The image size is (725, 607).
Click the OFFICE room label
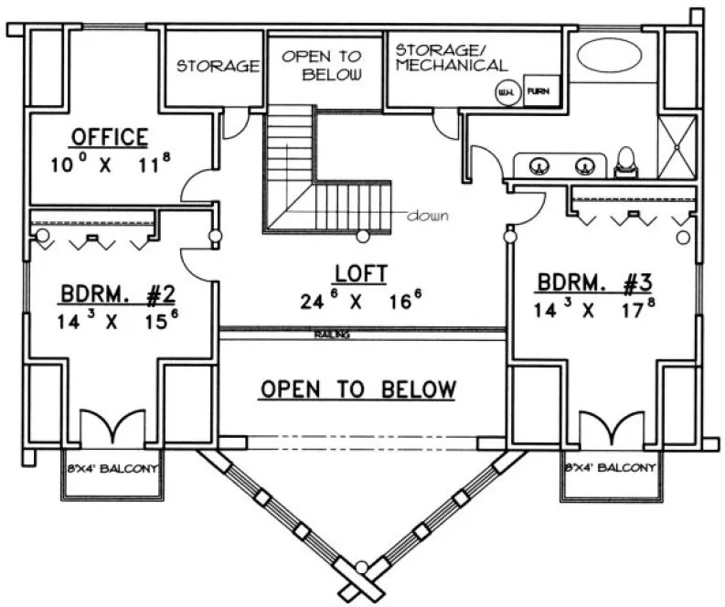coord(109,138)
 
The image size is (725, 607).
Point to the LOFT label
coord(361,272)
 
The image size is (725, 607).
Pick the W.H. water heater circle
coord(504,92)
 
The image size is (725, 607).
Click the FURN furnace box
coord(538,91)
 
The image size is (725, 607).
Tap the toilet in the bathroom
coord(627,162)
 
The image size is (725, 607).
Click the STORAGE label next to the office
coord(219,67)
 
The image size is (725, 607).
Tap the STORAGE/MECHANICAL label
coord(452,57)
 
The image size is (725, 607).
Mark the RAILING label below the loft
coord(333,335)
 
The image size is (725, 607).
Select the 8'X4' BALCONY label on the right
coord(610,468)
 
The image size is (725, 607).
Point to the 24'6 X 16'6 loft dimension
coord(361,301)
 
